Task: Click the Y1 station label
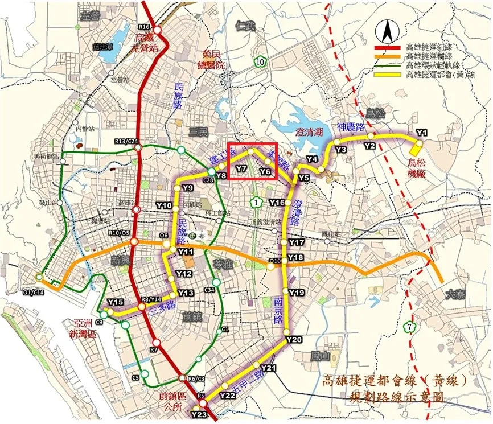click(421, 132)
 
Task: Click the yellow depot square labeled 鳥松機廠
click(416, 149)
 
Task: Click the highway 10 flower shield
click(260, 61)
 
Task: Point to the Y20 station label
click(294, 339)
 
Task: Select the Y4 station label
click(311, 159)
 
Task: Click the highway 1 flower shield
click(258, 202)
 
